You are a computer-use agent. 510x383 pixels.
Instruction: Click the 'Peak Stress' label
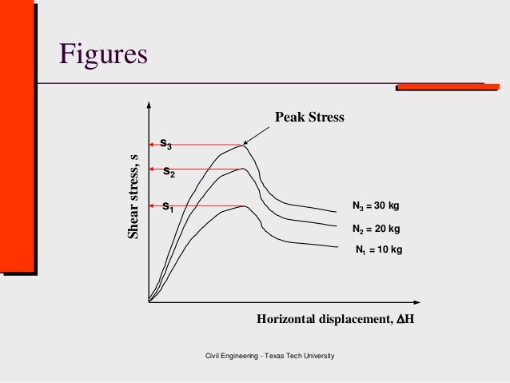pyautogui.click(x=309, y=118)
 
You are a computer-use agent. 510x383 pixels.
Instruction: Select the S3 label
pyautogui.click(x=165, y=144)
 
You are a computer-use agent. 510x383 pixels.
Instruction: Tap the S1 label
pyautogui.click(x=168, y=207)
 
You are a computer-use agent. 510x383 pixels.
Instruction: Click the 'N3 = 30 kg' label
pyautogui.click(x=376, y=205)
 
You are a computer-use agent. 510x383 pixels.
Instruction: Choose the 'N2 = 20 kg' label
pyautogui.click(x=376, y=228)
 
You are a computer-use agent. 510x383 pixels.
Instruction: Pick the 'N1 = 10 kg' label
pyautogui.click(x=379, y=249)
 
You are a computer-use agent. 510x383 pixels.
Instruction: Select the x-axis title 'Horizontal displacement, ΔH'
pyautogui.click(x=336, y=320)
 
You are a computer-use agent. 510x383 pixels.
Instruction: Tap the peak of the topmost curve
pyautogui.click(x=242, y=145)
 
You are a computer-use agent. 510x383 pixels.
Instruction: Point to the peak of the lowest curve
pyautogui.click(x=244, y=206)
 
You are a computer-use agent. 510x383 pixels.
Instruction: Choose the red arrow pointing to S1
pyautogui.click(x=204, y=206)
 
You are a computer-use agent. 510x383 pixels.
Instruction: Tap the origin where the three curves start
pyautogui.click(x=149, y=301)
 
